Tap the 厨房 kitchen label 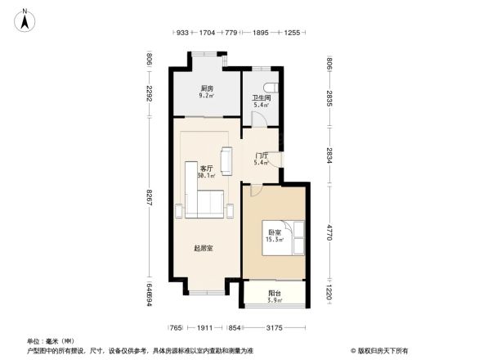(x=207, y=88)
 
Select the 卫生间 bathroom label (x=261, y=98)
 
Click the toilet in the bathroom (x=273, y=88)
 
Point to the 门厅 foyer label (x=262, y=155)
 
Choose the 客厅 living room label (x=206, y=169)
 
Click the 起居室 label (x=204, y=248)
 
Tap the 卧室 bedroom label (x=275, y=233)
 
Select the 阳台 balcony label (x=275, y=294)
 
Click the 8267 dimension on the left (x=150, y=198)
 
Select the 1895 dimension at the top (x=262, y=33)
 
